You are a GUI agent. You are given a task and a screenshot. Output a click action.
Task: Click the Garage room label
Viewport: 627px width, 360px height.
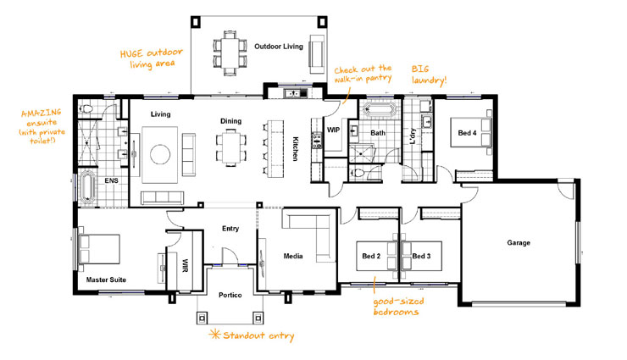519,242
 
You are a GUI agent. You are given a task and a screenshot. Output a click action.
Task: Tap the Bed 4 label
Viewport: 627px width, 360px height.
468,133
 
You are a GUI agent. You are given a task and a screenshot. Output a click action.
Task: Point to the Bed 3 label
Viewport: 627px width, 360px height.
422,255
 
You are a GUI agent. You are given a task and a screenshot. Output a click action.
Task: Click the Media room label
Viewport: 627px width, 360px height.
293,254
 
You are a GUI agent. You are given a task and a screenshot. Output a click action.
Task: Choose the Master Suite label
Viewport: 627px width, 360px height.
106,278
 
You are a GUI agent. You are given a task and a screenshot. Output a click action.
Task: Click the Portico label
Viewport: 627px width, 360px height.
230,294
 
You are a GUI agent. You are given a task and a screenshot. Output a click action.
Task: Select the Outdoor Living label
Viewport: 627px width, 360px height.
279,47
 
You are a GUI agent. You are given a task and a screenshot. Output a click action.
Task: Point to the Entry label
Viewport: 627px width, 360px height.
230,228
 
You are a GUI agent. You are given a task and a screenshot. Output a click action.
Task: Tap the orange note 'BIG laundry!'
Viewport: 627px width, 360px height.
430,74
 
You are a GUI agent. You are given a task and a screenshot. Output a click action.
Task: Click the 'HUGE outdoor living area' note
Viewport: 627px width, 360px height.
152,58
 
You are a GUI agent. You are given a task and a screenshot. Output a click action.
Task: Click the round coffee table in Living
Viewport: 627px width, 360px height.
161,153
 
